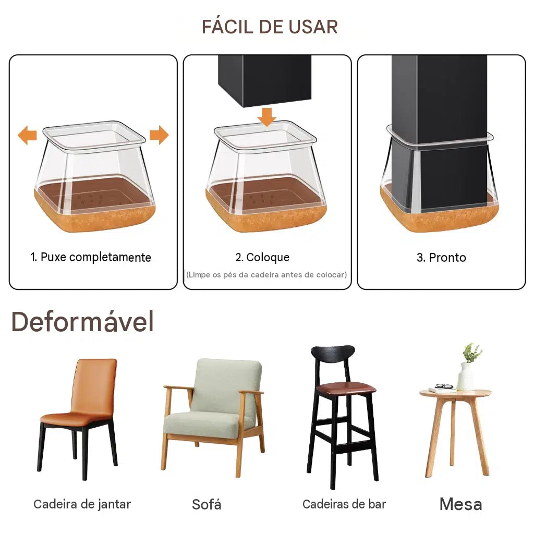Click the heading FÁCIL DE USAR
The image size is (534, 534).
(x=270, y=27)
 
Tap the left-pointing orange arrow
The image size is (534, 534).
(x=27, y=135)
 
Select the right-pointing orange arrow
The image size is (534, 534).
(x=159, y=135)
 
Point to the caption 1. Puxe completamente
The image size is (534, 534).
(x=91, y=258)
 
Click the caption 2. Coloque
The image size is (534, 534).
(x=263, y=258)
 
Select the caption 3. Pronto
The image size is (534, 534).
(x=441, y=258)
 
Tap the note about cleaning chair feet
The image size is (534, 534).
(x=266, y=275)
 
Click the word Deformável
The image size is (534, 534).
(x=82, y=321)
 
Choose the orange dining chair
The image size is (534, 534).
(x=79, y=418)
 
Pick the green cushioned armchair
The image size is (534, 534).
(x=213, y=417)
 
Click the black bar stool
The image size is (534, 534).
(x=343, y=417)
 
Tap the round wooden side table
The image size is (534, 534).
(x=456, y=433)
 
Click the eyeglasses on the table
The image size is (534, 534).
(x=444, y=386)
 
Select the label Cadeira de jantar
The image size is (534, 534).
(x=82, y=504)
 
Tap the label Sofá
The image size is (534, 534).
(x=207, y=504)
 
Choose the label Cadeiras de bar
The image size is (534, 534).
(x=344, y=504)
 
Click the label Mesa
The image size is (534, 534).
(x=461, y=504)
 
